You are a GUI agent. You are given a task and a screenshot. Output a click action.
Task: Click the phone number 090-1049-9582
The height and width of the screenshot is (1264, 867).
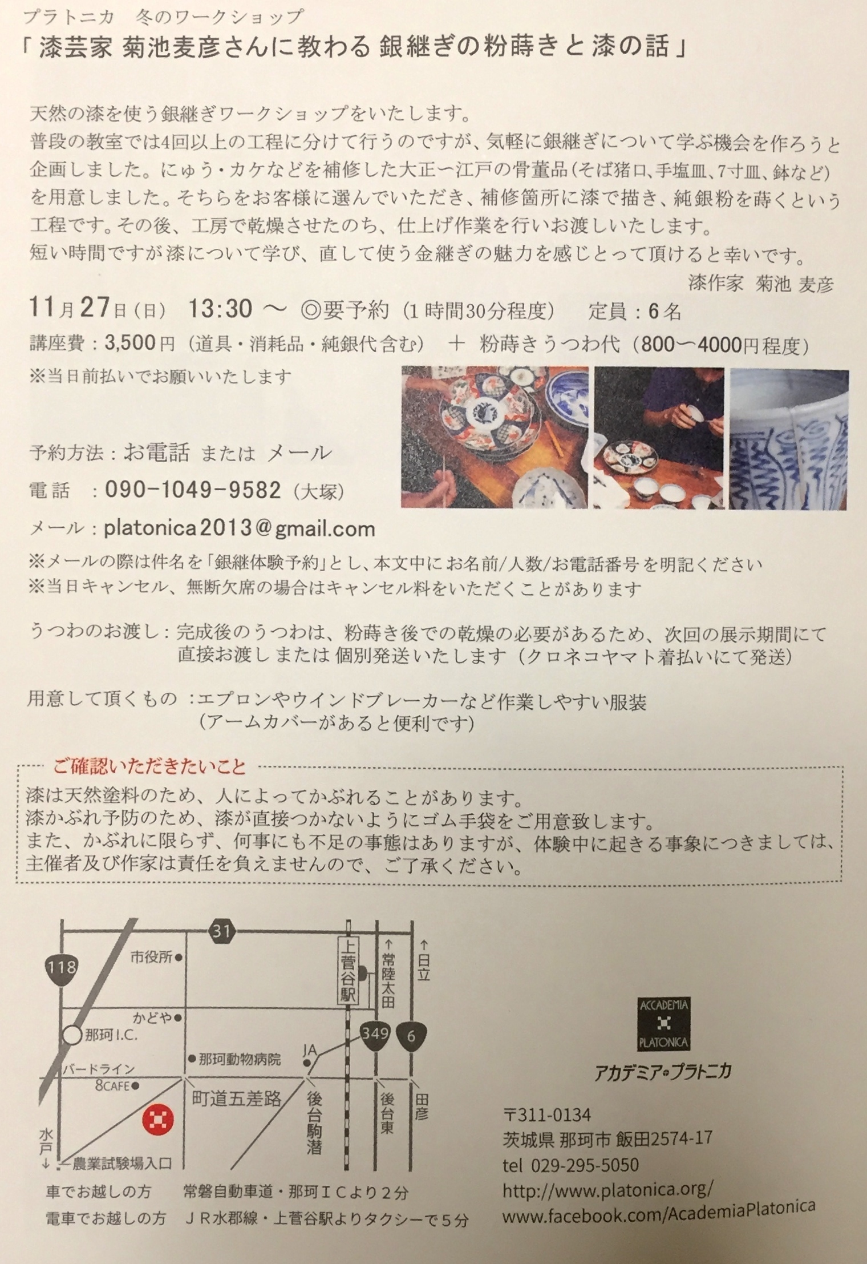pyautogui.click(x=193, y=490)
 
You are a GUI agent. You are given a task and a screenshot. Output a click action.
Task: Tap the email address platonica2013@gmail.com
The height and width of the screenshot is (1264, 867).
pyautogui.click(x=240, y=528)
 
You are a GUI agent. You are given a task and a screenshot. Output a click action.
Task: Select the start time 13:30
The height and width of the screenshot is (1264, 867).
pyautogui.click(x=220, y=309)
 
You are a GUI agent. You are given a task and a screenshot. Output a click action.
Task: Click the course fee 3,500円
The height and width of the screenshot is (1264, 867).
pyautogui.click(x=140, y=344)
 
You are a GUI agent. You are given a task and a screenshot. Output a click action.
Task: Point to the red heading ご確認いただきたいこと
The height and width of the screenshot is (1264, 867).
pyautogui.click(x=149, y=766)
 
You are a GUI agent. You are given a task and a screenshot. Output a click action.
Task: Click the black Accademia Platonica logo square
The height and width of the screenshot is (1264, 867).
pyautogui.click(x=663, y=1025)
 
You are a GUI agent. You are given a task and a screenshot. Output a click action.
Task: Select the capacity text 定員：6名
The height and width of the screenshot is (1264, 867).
pyautogui.click(x=634, y=311)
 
